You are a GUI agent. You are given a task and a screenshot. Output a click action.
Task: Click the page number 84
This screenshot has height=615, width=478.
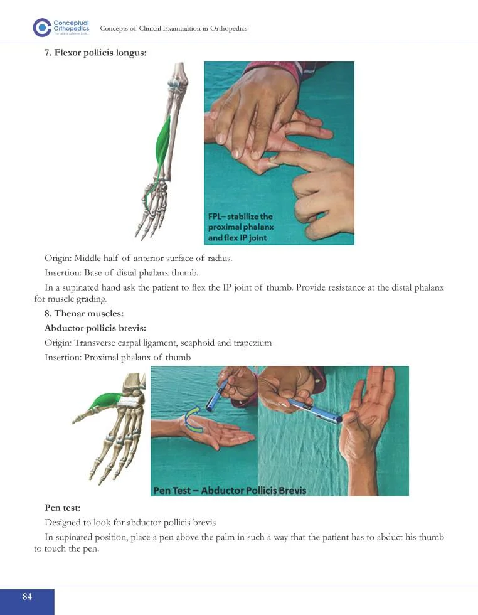(x=27, y=597)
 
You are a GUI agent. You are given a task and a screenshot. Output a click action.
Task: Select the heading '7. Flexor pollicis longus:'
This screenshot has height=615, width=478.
(x=95, y=53)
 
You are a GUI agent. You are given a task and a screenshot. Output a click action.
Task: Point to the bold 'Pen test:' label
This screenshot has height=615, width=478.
(x=62, y=506)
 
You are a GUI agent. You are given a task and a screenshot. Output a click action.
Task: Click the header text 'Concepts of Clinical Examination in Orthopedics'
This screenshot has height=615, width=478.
(x=174, y=29)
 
